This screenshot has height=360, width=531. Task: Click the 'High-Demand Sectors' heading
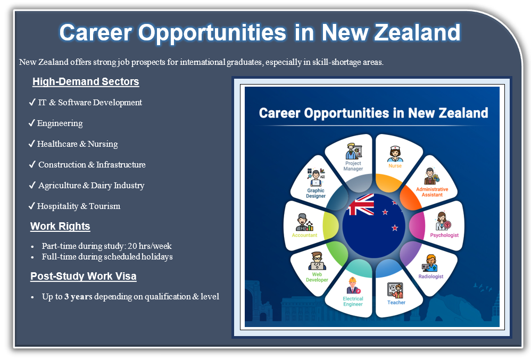pyautogui.click(x=86, y=81)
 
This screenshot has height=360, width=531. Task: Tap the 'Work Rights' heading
pyautogui.click(x=60, y=226)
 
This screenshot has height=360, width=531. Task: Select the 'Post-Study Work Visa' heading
pyautogui.click(x=84, y=276)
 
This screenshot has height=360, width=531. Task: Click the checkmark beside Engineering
pyautogui.click(x=32, y=123)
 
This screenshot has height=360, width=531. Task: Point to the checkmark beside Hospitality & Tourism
pyautogui.click(x=32, y=206)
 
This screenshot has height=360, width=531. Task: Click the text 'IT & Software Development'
pyautogui.click(x=90, y=103)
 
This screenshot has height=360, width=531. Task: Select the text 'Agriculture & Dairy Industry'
pyautogui.click(x=92, y=186)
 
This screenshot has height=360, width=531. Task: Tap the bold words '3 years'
pyautogui.click(x=78, y=297)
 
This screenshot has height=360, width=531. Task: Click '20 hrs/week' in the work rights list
pyautogui.click(x=150, y=246)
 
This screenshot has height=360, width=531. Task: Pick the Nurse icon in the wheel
pyautogui.click(x=395, y=154)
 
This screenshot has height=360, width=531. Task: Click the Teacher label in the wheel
pyautogui.click(x=396, y=303)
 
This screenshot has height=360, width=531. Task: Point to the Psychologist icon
pyautogui.click(x=443, y=221)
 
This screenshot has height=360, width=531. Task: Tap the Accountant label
pyautogui.click(x=304, y=235)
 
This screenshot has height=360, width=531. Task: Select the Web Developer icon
pyautogui.click(x=317, y=261)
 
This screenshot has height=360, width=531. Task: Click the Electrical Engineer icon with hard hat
pyautogui.click(x=353, y=286)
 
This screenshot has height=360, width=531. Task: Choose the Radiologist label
pyautogui.click(x=431, y=277)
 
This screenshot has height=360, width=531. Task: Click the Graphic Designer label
pyautogui.click(x=316, y=193)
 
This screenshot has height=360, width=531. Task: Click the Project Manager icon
pyautogui.click(x=353, y=151)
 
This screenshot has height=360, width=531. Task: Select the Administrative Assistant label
pyautogui.click(x=432, y=192)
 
